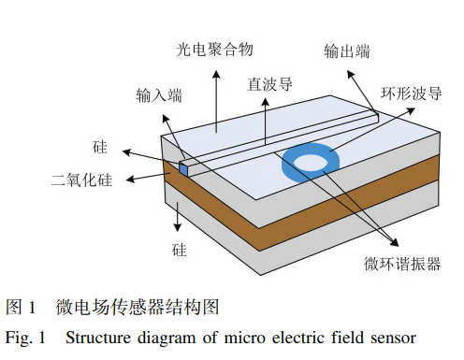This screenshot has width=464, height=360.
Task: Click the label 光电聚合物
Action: [213, 47]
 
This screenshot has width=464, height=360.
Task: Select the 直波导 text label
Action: [269, 83]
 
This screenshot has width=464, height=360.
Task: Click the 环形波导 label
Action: [409, 94]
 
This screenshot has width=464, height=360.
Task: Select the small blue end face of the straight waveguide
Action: [185, 168]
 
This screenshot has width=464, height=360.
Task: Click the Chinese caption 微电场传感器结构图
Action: [137, 307]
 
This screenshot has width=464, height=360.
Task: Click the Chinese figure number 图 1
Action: [21, 307]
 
